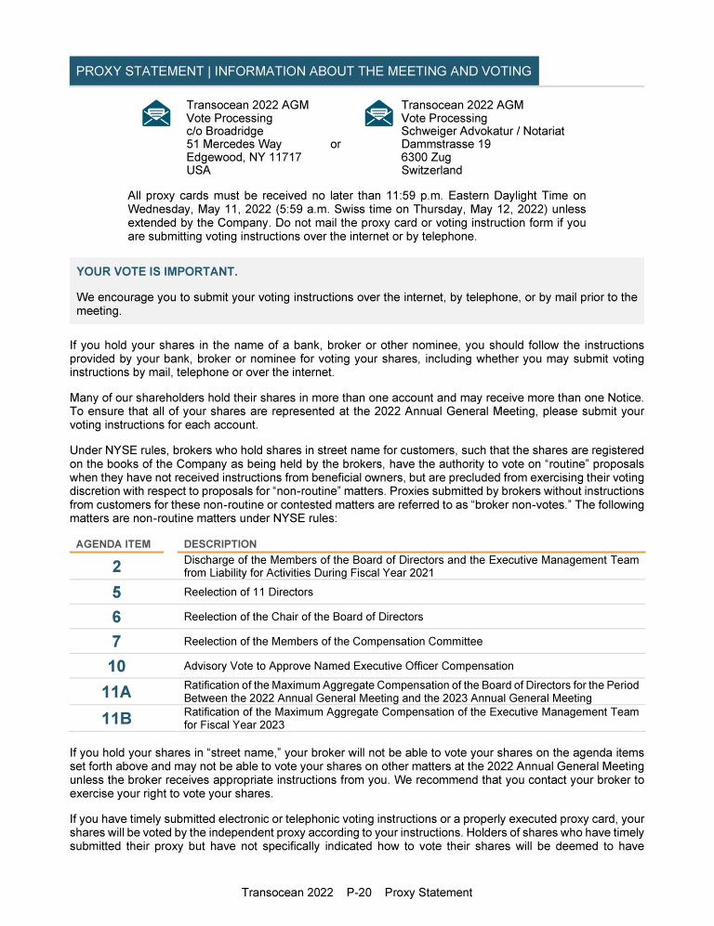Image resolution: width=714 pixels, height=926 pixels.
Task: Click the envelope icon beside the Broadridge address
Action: pos(156,113)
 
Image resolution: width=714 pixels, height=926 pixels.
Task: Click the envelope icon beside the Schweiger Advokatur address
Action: pos(377,113)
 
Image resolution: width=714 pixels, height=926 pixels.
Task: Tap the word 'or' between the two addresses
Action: pos(336,145)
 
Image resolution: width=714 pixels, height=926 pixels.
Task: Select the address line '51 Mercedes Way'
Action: pos(233,145)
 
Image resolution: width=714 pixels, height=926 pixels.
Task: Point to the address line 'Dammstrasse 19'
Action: pos(445,145)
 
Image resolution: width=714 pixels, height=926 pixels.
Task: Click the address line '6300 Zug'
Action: pos(426,158)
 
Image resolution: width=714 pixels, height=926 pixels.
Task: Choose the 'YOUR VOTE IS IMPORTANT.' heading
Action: pos(157,271)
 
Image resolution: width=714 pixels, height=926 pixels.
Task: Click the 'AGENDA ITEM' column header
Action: pos(112,544)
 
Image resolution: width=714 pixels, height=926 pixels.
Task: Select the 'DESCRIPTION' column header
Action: pos(220,544)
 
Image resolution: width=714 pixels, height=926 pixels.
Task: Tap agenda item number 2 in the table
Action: pos(116,567)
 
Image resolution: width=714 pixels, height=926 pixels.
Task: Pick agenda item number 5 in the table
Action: pos(116,592)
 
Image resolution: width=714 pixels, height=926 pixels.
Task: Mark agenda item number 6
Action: pos(116,617)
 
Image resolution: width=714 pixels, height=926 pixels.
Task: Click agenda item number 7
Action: pos(116,642)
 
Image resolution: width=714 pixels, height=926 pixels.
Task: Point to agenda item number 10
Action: pos(116,666)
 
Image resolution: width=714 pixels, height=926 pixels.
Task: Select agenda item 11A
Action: pos(116,692)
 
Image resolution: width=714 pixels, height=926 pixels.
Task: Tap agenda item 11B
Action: pos(116,718)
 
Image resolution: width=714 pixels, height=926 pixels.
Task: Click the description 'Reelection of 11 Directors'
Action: pos(248,593)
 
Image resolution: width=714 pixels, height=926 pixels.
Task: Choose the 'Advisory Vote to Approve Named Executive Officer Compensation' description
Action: pos(349,666)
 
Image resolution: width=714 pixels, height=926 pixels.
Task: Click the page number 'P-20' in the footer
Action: pos(359,893)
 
